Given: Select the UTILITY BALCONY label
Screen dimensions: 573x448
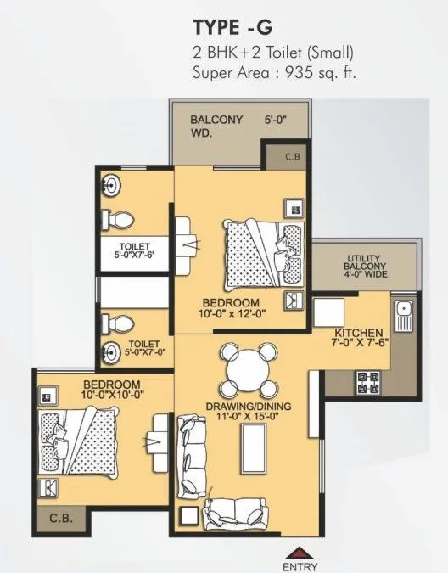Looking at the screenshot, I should point(367,264).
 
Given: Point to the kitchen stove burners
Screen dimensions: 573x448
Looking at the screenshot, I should point(369,384).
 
